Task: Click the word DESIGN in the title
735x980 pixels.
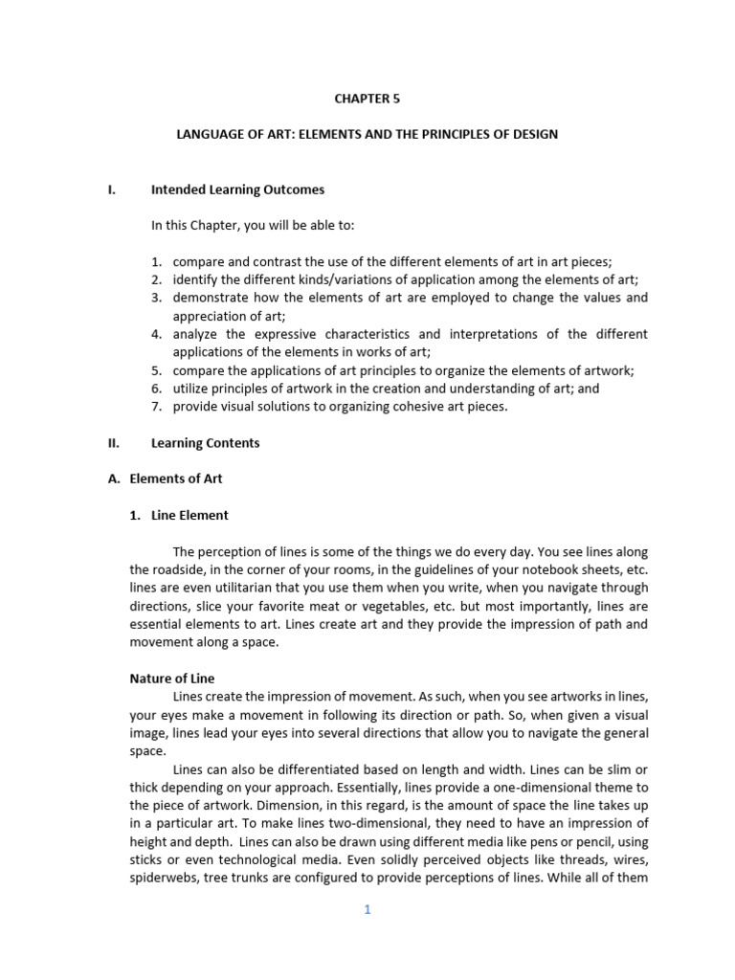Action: pyautogui.click(x=533, y=134)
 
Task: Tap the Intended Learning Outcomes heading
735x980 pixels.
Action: pyautogui.click(x=237, y=189)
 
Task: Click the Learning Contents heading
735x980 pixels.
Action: pyautogui.click(x=205, y=443)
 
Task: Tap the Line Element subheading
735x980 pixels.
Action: pyautogui.click(x=189, y=515)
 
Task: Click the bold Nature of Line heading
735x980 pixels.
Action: pyautogui.click(x=172, y=679)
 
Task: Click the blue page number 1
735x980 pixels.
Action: pyautogui.click(x=367, y=910)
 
